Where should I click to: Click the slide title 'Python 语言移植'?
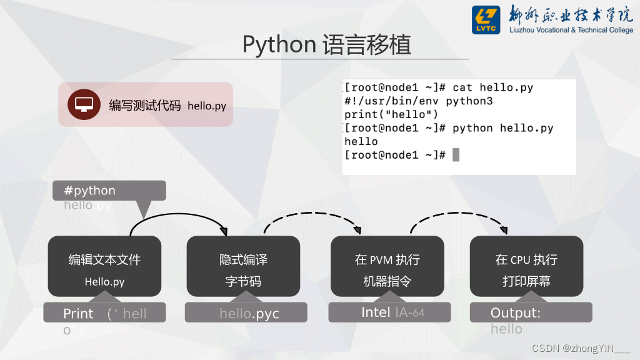tap(327, 44)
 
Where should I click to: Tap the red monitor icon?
tap(84, 104)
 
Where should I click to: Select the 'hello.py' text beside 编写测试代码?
tap(207, 106)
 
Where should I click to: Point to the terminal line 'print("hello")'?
tap(391, 114)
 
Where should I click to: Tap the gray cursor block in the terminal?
tap(456, 154)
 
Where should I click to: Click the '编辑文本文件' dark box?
tap(104, 266)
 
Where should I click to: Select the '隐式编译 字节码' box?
tap(243, 266)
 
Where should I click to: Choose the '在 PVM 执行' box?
tap(387, 266)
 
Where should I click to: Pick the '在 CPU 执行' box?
tap(526, 266)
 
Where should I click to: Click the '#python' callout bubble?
tap(109, 191)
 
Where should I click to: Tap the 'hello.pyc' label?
tap(249, 313)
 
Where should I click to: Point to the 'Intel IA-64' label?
tap(392, 312)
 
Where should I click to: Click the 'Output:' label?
tap(516, 313)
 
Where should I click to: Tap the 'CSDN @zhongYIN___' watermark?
tap(581, 347)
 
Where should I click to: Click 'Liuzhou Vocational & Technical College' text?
tap(571, 30)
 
